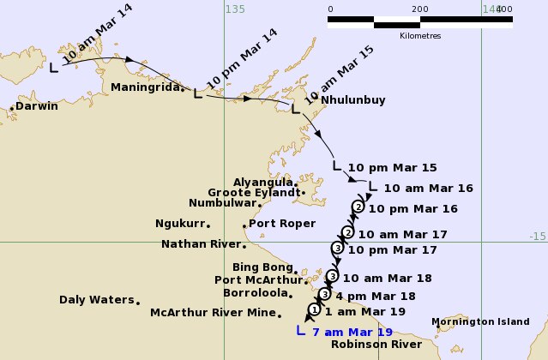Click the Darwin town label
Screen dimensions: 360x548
pos(37,106)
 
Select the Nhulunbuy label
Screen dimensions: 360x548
pos(353,99)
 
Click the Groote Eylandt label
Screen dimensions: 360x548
pos(256,193)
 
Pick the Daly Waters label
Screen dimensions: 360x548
pos(96,300)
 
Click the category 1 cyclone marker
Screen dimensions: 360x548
pos(315,309)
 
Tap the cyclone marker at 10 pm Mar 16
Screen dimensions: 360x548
pos(358,207)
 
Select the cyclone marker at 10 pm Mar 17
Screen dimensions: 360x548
pos(338,249)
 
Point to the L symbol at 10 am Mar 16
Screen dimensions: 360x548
pos(371,185)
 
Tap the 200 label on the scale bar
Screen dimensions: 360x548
pos(419,9)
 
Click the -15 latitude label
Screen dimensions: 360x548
pos(537,237)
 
